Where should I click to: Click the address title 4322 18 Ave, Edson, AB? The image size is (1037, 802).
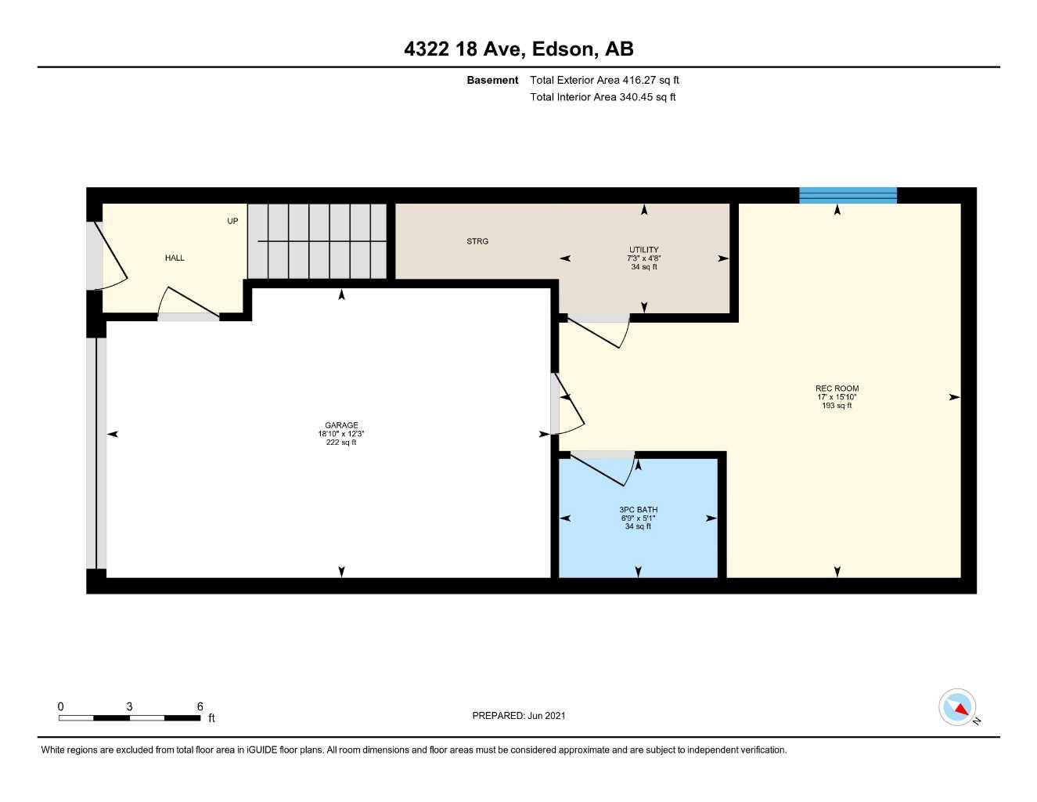point(518,49)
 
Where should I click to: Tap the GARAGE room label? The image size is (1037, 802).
point(341,425)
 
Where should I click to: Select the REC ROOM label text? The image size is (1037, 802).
point(837,388)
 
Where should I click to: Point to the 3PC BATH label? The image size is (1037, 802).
point(638,510)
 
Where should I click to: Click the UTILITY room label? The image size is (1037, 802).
point(643,250)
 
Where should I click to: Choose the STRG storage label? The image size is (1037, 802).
point(477,241)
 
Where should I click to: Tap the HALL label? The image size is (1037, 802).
point(175,258)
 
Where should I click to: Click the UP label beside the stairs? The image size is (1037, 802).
point(232,221)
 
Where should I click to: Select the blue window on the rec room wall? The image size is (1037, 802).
point(848,195)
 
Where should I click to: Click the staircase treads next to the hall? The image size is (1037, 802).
point(318,240)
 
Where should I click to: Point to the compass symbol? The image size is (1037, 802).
point(957,708)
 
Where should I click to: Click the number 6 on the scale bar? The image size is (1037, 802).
point(200,706)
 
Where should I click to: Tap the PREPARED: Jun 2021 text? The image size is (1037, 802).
point(518,715)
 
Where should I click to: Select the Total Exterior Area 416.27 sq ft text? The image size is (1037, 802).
point(604,80)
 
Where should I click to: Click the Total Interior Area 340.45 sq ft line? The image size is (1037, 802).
point(603,97)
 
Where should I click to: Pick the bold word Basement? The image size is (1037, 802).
point(492,80)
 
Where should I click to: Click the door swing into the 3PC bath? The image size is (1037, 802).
point(607,468)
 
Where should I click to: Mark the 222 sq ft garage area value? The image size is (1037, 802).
point(341,443)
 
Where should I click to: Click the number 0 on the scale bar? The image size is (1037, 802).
point(60,706)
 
